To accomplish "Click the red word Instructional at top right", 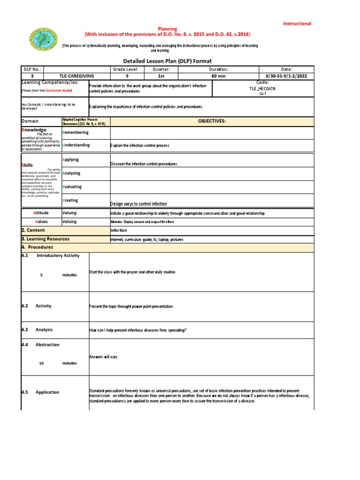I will tap(296, 23).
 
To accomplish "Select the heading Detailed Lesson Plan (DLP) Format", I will tap(167, 61).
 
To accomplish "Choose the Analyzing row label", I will tap(71, 173).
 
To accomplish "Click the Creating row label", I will tap(70, 200).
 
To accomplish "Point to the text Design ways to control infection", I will tap(138, 204).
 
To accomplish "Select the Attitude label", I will tap(41, 213).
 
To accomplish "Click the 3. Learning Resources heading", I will tap(45, 239).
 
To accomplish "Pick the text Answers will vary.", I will tap(104, 357).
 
